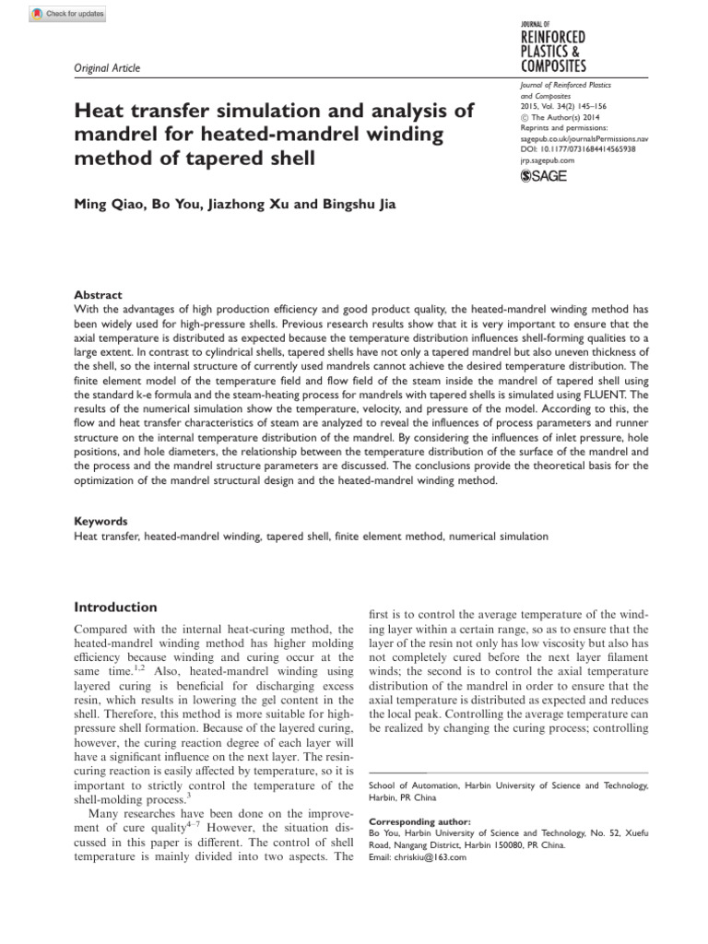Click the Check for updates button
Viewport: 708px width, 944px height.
pos(67,13)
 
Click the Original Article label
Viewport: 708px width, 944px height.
pos(106,68)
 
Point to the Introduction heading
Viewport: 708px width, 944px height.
pos(115,608)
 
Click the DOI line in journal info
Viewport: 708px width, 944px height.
pos(578,147)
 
